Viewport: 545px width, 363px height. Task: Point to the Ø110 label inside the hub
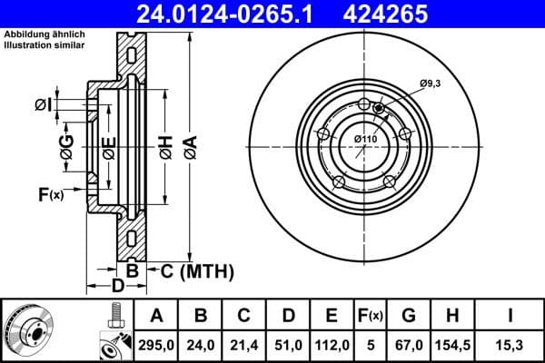pos(365,138)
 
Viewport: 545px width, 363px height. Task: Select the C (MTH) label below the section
pos(197,270)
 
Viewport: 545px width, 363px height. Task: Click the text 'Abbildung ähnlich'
pos(44,34)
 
